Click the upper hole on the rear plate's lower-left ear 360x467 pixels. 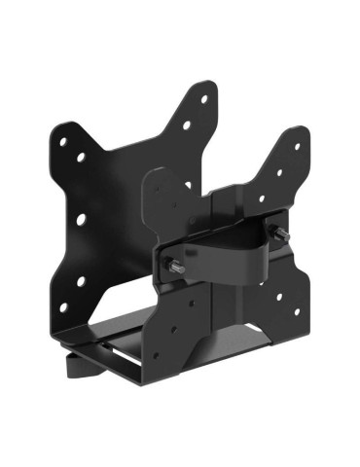[81, 283]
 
